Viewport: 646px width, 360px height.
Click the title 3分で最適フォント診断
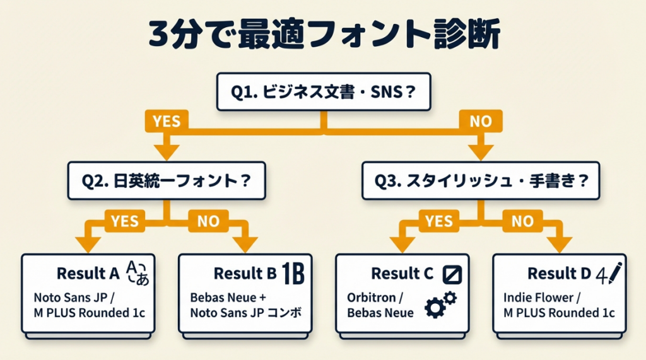324,35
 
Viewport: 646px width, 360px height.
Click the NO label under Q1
481,121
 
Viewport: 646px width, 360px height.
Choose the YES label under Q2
124,221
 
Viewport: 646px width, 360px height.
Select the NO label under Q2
208,221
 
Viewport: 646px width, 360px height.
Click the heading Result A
88,274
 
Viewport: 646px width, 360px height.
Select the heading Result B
245,274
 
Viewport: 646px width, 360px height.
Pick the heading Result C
402,274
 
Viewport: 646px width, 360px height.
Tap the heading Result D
559,274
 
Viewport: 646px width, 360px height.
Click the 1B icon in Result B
293,274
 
